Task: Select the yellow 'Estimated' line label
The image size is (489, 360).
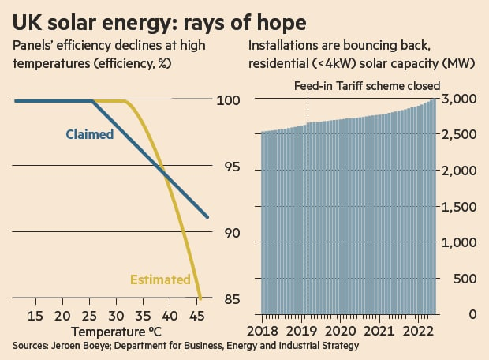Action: pos(160,279)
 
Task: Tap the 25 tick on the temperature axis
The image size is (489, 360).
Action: pos(90,316)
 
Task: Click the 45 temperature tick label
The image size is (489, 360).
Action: pos(198,316)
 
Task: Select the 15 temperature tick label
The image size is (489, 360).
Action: pos(35,316)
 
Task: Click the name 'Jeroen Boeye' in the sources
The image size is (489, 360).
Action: pos(77,346)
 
